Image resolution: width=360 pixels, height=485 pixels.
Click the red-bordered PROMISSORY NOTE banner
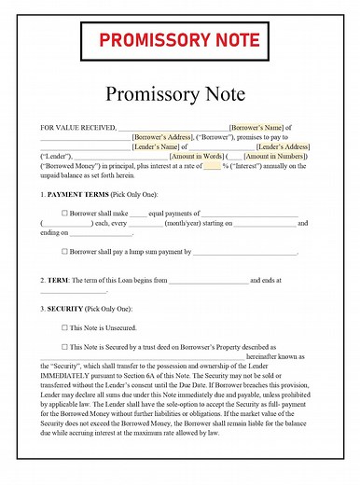coord(180,40)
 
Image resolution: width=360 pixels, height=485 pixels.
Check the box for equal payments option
coord(64,213)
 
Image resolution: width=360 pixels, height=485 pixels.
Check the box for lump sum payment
coord(64,251)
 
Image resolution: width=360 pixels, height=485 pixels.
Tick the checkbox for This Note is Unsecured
coord(64,327)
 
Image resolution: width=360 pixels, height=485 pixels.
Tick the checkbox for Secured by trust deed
coord(64,346)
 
